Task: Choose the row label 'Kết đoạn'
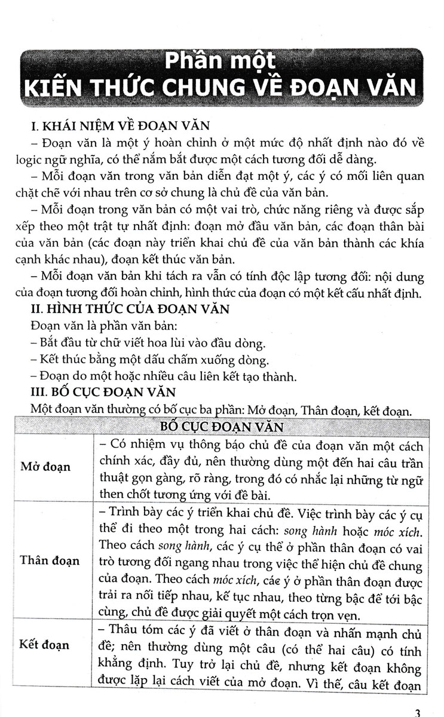[x=45, y=645]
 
